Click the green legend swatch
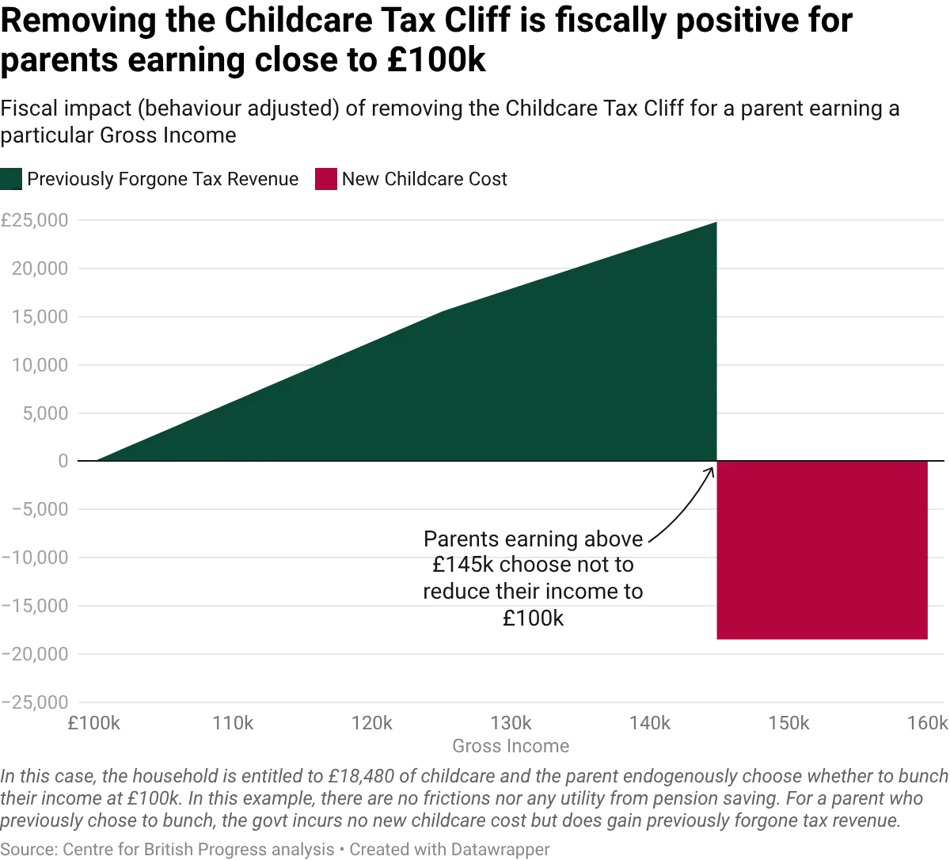coord(12,179)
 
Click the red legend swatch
coord(325,179)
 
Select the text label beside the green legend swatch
coord(163,180)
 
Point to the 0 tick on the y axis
coord(63,461)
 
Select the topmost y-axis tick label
coord(37,220)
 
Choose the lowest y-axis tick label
coord(37,700)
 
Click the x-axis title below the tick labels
coord(510,746)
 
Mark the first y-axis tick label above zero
coord(40,413)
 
